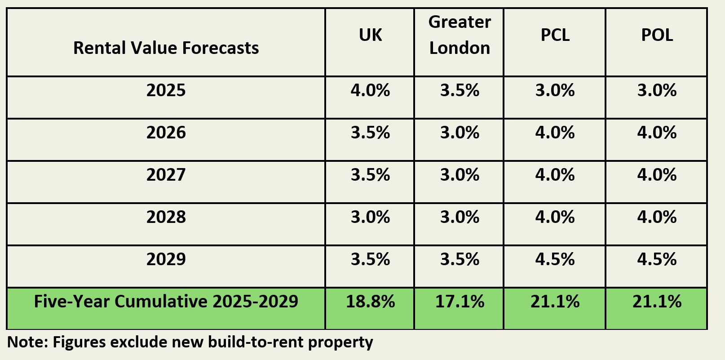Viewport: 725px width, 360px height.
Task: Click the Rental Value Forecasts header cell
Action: click(x=166, y=48)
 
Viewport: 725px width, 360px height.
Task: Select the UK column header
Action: click(x=370, y=35)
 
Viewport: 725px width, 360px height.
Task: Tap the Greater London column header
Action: click(x=460, y=35)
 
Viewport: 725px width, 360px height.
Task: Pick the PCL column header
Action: click(x=555, y=35)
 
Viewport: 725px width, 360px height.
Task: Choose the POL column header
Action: click(x=657, y=35)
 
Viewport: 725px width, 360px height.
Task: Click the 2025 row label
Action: click(x=166, y=90)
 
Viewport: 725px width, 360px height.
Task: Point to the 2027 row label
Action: click(x=166, y=175)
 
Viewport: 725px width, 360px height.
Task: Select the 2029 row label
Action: click(x=166, y=259)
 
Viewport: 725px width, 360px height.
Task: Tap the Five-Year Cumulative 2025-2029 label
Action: click(x=166, y=301)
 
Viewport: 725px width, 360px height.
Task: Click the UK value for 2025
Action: click(x=370, y=90)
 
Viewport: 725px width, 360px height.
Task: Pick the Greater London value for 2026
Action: click(x=460, y=133)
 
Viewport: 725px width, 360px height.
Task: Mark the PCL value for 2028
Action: click(x=555, y=217)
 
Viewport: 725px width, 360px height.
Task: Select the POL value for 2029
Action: click(x=657, y=259)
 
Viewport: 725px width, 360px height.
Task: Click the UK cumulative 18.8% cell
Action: click(x=370, y=302)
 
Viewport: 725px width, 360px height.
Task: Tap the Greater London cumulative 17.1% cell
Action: click(x=460, y=302)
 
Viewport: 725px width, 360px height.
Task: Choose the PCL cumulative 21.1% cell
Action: click(x=555, y=302)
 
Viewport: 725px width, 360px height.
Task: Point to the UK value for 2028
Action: click(x=370, y=217)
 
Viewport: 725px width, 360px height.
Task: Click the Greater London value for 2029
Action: click(x=460, y=259)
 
